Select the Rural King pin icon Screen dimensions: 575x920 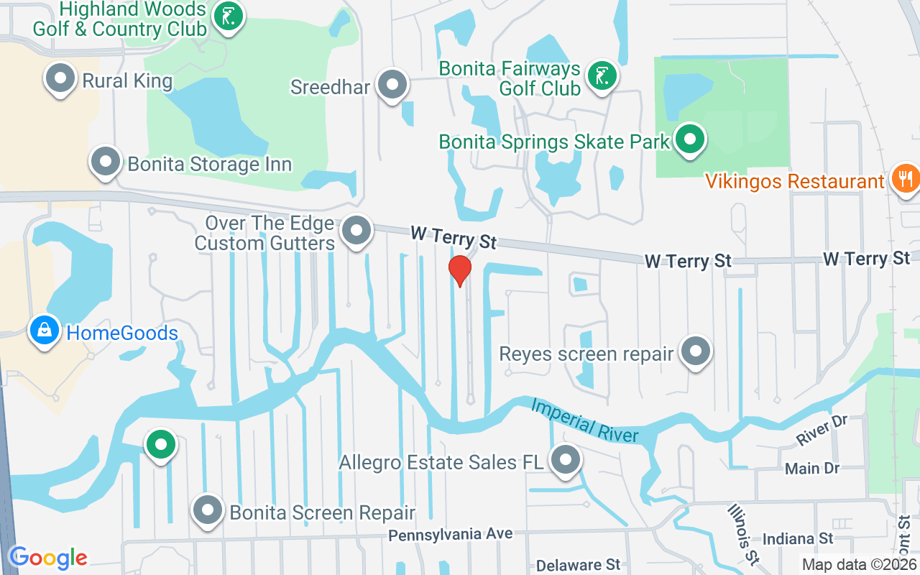[60, 78]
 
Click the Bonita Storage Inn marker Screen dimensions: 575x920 [106, 162]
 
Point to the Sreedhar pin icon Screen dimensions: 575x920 [392, 85]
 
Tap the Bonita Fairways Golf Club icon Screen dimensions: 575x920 [602, 75]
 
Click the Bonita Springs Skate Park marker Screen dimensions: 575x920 [691, 139]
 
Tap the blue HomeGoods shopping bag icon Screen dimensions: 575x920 [45, 331]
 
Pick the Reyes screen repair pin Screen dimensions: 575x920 [695, 351]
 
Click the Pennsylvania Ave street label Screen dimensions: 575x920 [451, 534]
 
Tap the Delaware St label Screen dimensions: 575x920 [578, 564]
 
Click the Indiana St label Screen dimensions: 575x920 [797, 538]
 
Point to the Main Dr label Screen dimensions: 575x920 [812, 469]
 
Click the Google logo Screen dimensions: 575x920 [48, 558]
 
